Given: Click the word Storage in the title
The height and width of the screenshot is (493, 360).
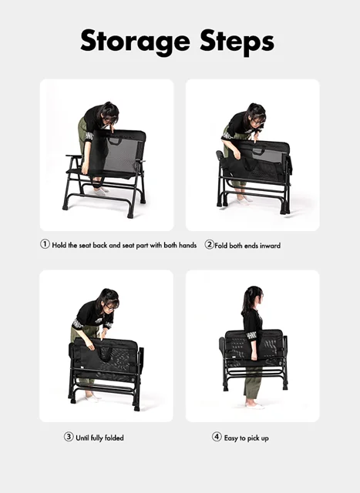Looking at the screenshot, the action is [x=135, y=42].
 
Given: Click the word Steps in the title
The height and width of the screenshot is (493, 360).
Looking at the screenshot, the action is [x=237, y=42].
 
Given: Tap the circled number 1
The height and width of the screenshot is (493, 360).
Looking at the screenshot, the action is [x=45, y=244].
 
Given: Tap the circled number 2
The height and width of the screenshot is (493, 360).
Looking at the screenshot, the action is [x=209, y=244].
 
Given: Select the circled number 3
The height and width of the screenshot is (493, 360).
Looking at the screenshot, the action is [x=69, y=437].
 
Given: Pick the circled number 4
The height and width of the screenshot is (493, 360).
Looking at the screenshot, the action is [x=217, y=437].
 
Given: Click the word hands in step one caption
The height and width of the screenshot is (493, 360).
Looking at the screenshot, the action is [x=187, y=245].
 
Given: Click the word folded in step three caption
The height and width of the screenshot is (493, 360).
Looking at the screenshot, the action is [x=114, y=438].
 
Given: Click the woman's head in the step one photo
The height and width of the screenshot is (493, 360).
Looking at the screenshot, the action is [x=109, y=113].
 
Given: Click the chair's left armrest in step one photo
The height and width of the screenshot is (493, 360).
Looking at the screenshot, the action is [x=74, y=156].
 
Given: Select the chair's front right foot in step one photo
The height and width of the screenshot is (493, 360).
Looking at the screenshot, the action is [x=130, y=216].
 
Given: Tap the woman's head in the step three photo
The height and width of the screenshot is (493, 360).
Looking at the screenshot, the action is [x=109, y=301].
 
